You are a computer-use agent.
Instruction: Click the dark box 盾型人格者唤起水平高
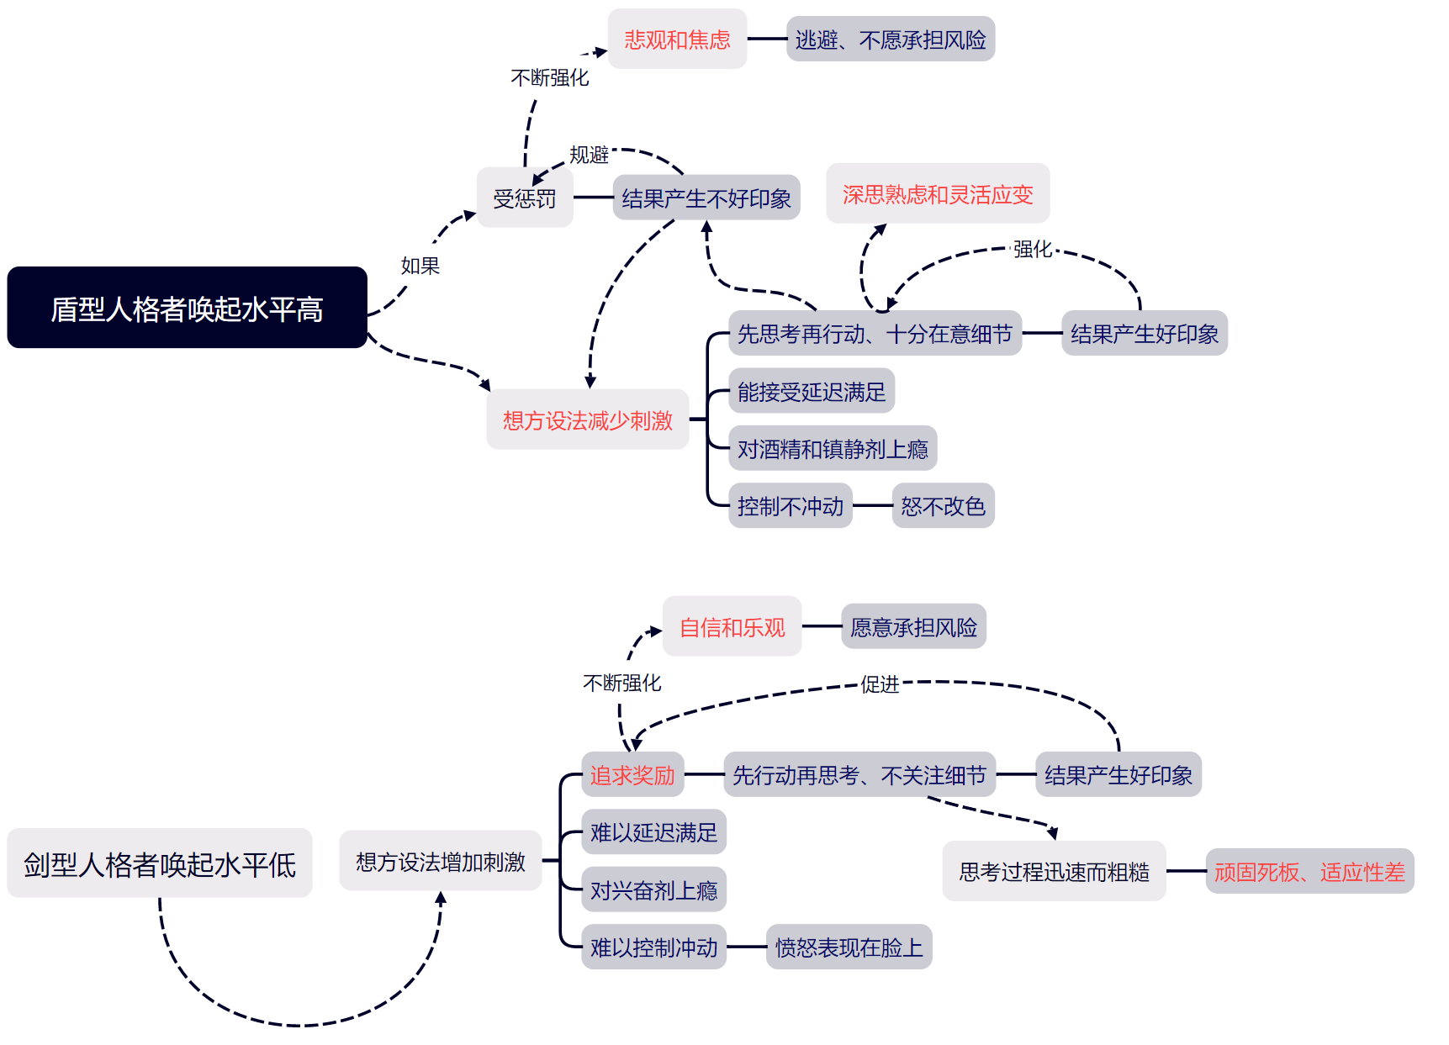point(187,308)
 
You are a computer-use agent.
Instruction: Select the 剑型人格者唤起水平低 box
point(160,863)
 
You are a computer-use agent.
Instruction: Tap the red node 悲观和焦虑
point(677,40)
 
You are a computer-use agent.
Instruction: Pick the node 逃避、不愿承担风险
point(891,40)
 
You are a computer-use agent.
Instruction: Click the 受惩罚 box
point(525,198)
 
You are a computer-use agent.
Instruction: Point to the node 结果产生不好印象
point(706,198)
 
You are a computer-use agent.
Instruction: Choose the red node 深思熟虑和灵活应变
point(938,194)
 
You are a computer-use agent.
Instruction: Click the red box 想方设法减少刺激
point(588,420)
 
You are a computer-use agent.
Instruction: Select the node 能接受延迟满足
point(812,392)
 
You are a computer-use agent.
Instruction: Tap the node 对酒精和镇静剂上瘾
point(833,449)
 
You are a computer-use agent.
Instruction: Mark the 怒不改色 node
point(943,506)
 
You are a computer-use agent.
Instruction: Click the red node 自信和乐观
point(732,627)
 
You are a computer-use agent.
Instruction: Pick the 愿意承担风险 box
point(914,627)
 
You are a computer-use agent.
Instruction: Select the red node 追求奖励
point(632,775)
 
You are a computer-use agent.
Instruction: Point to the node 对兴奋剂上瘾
point(653,890)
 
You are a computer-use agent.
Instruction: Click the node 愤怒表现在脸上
point(849,947)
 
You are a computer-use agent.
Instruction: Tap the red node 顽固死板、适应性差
point(1309,872)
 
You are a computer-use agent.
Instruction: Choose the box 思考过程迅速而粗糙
point(1054,872)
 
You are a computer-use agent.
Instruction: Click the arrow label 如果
point(420,266)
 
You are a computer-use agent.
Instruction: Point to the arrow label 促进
point(880,684)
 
